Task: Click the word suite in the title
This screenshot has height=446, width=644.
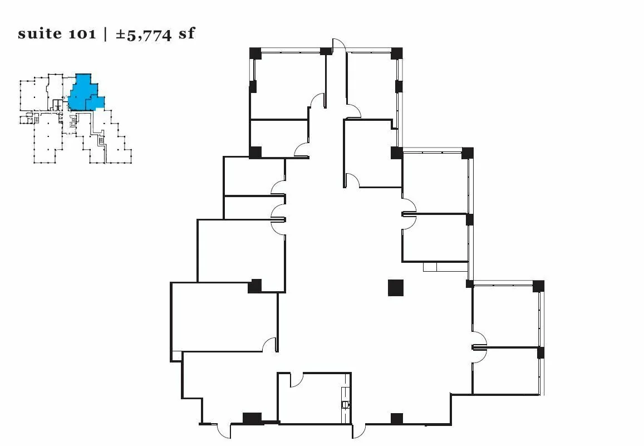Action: coord(40,33)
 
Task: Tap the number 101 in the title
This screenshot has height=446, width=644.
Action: coord(82,33)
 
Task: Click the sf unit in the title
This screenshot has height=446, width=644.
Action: coord(186,33)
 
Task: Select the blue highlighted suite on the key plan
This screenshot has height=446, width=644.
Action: coord(85,93)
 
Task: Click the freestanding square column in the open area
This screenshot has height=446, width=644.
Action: coord(396,287)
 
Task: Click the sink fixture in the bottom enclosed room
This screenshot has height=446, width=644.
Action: coord(345,404)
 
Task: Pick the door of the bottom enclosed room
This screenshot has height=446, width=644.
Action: coord(297,380)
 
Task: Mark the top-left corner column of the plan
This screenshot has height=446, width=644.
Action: coord(255,53)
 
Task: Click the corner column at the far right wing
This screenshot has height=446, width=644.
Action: coord(538,286)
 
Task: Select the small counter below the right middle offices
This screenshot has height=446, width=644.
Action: coord(430,267)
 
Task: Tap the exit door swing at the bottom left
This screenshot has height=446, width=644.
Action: coord(224,431)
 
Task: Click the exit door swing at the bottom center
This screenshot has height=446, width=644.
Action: coord(358,431)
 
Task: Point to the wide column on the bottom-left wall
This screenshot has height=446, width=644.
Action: coord(252,419)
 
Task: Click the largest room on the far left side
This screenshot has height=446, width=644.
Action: coord(224,317)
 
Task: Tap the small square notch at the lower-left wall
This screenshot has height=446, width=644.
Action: coord(176,356)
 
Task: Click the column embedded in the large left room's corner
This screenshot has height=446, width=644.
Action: coord(254,286)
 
